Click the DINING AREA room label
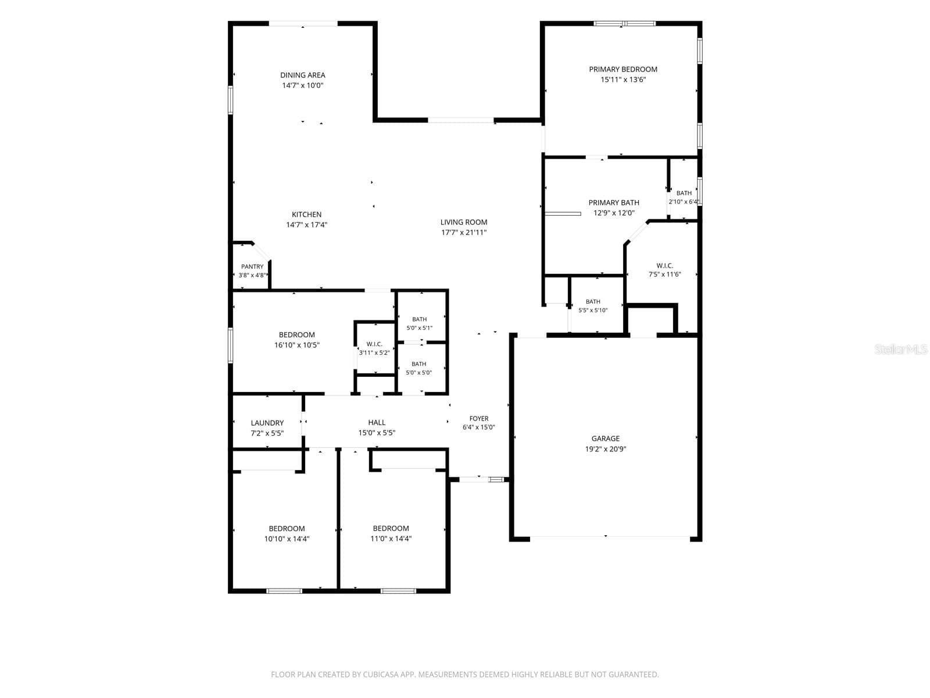(x=302, y=75)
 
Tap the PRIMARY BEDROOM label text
(x=623, y=69)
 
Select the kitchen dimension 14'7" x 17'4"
(x=306, y=225)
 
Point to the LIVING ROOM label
(x=463, y=222)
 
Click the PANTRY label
(x=252, y=266)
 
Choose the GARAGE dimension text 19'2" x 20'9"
(x=606, y=449)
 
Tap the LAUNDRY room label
(x=267, y=423)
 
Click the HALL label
(x=377, y=422)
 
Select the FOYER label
(x=479, y=419)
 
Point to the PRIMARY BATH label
(x=613, y=202)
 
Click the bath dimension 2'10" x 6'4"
(x=684, y=202)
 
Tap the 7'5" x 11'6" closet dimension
(x=664, y=274)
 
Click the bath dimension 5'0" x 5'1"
(x=420, y=328)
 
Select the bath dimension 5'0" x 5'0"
(x=419, y=373)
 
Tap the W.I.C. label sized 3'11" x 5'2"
(x=374, y=344)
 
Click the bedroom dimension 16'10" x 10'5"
(x=296, y=345)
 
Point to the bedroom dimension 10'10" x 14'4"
(x=287, y=539)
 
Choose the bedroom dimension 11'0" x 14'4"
(x=391, y=539)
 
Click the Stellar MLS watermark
(x=901, y=349)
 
